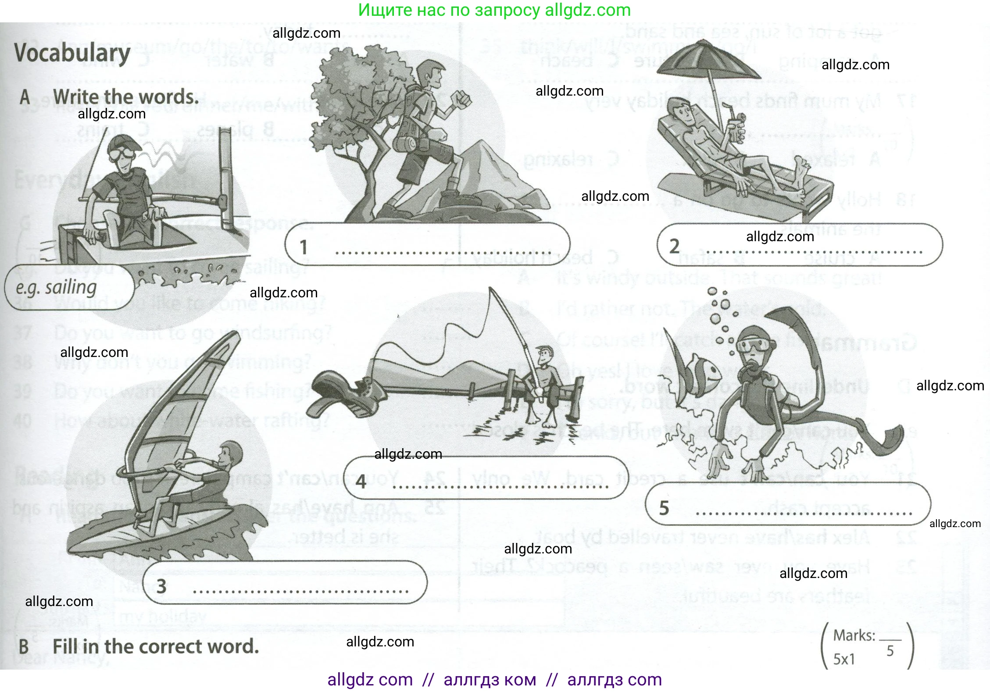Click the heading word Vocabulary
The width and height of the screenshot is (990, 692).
click(72, 53)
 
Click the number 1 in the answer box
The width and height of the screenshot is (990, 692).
click(304, 247)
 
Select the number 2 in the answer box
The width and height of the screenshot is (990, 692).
click(674, 246)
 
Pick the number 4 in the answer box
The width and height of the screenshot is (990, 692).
click(361, 482)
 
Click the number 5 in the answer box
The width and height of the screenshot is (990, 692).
click(664, 508)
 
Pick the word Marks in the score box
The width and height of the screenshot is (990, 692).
click(853, 635)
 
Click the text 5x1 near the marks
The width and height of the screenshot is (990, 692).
click(844, 659)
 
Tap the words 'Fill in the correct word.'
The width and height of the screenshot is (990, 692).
click(156, 646)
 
